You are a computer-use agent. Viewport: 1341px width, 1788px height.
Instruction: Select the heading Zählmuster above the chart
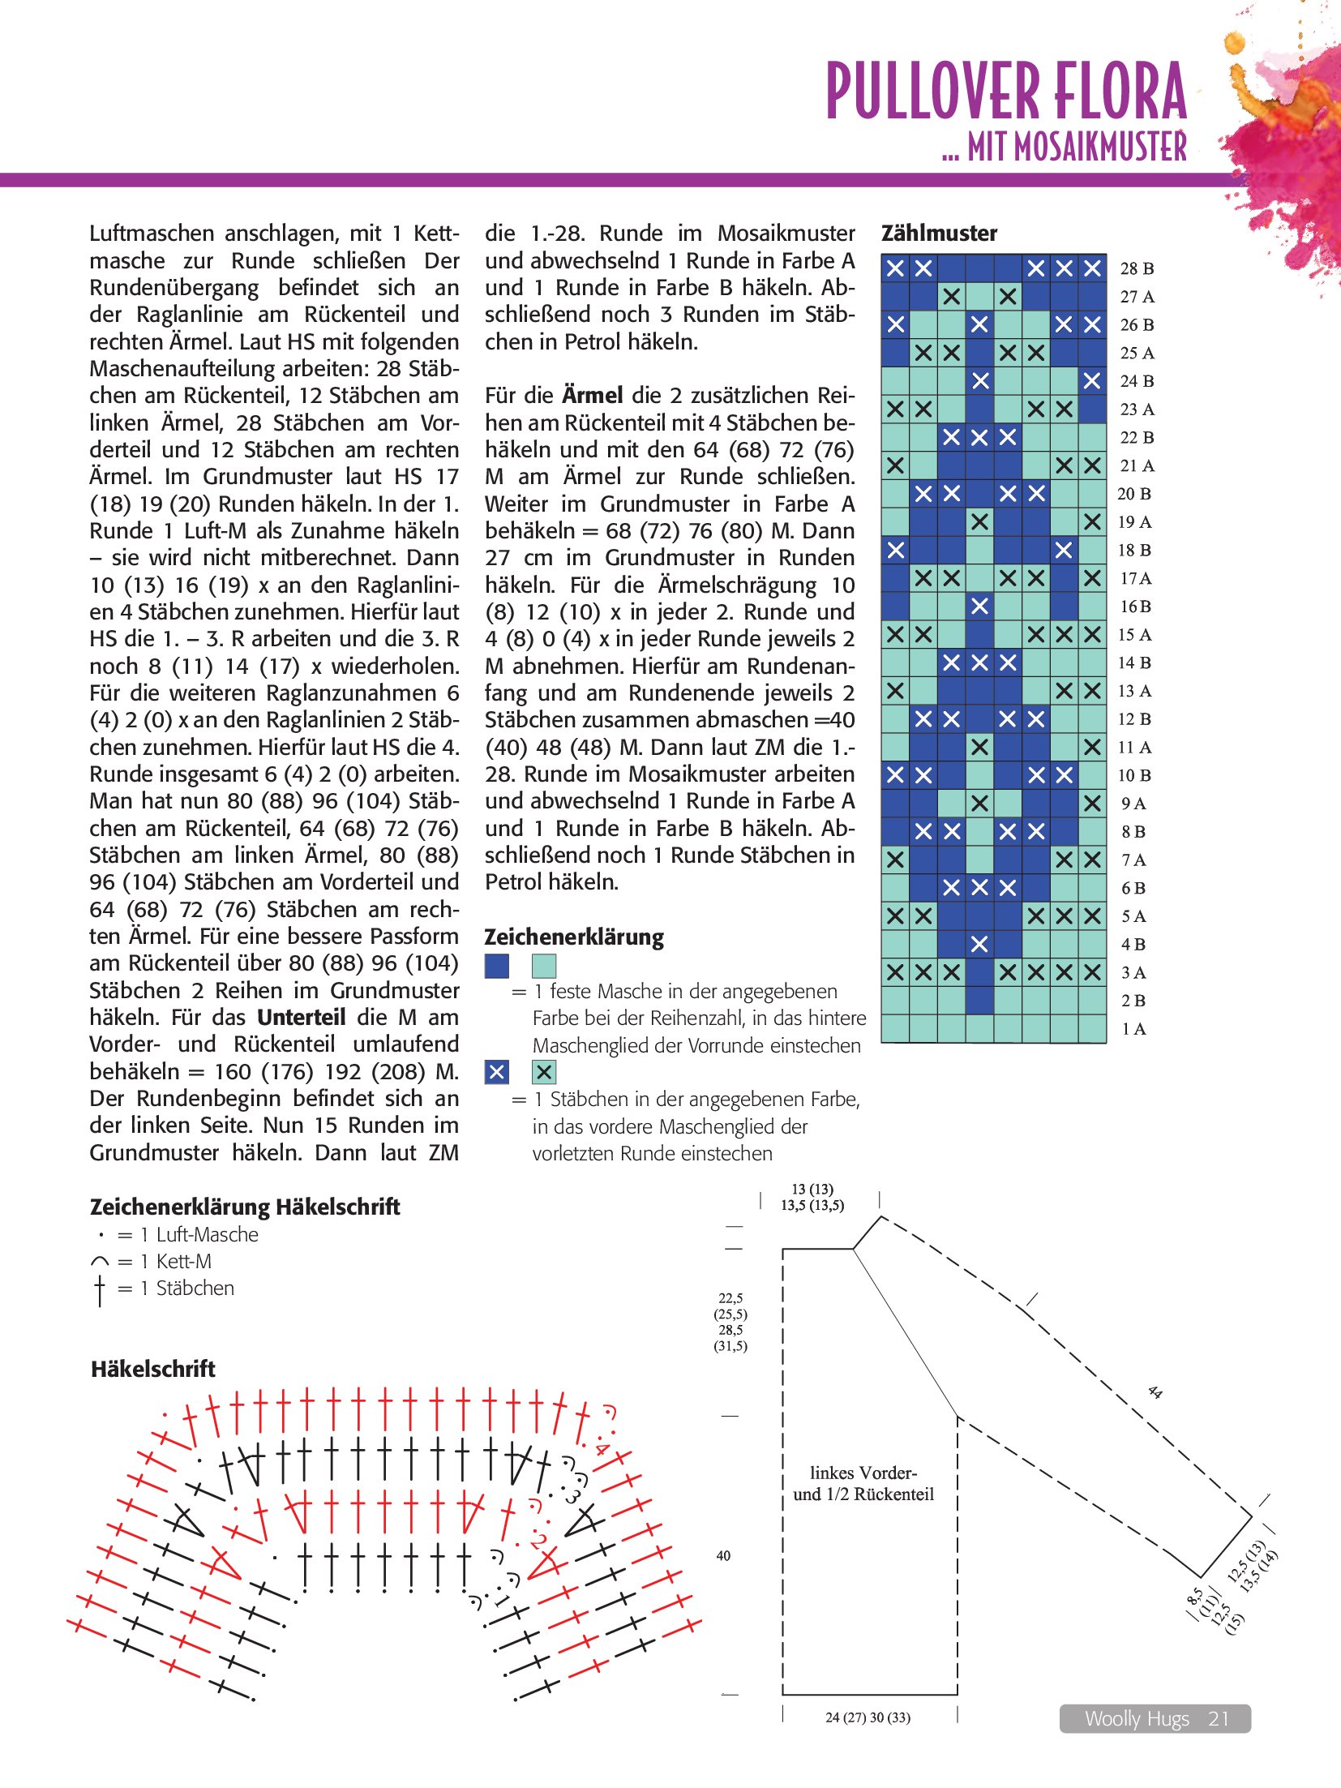click(939, 234)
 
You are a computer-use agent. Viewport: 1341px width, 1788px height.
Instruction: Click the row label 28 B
click(1137, 268)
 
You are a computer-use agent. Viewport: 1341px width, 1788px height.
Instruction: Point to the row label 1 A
click(1133, 1029)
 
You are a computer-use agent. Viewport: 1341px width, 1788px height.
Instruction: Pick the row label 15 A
click(1133, 635)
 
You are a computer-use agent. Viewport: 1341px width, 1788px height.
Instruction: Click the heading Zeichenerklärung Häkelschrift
click(245, 1207)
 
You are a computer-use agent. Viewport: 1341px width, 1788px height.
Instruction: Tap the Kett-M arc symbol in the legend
click(100, 1262)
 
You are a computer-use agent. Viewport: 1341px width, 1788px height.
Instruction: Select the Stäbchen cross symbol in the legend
click(100, 1289)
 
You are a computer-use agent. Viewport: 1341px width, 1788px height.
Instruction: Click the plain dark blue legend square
click(496, 966)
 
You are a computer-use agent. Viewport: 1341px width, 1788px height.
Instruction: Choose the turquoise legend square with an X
click(544, 1072)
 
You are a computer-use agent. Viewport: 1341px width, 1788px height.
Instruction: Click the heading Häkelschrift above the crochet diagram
click(152, 1369)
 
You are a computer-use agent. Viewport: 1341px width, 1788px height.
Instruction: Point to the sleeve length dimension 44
click(1155, 1392)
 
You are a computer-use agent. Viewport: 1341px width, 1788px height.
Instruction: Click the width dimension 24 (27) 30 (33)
click(868, 1717)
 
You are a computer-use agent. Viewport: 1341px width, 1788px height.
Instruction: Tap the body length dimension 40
click(723, 1555)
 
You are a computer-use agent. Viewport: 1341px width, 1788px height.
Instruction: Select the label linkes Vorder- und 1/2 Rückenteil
click(863, 1483)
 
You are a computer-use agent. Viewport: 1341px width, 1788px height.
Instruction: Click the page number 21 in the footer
click(1219, 1718)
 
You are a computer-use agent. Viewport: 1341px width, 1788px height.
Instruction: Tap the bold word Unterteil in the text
click(302, 1018)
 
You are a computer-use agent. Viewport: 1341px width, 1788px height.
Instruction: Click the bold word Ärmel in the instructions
click(593, 396)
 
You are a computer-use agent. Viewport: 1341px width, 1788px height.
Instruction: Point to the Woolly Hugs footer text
click(1137, 1718)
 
